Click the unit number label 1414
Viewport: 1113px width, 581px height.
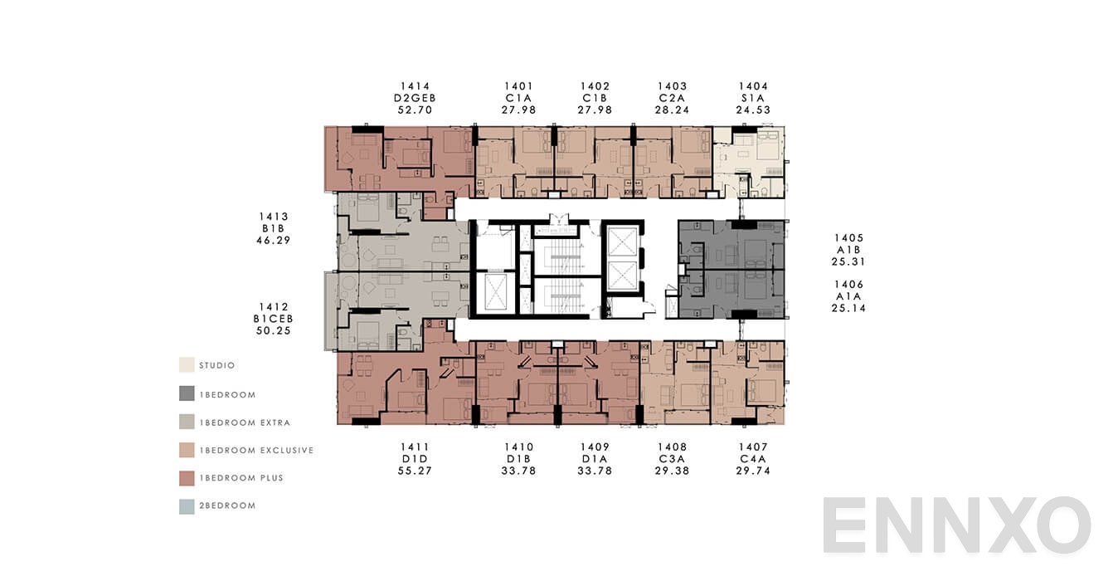click(415, 86)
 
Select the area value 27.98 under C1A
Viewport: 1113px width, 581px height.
click(518, 110)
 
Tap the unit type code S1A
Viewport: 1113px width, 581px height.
click(753, 98)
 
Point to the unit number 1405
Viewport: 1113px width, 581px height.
click(848, 238)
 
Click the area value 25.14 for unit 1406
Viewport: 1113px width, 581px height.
click(848, 308)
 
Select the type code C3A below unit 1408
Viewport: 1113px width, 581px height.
click(672, 459)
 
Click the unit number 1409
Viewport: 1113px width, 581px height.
click(595, 447)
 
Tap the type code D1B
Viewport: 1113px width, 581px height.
click(519, 459)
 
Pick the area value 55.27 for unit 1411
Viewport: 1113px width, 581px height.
click(415, 471)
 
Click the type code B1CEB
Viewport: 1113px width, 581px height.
click(274, 319)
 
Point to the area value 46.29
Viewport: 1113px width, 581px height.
click(274, 241)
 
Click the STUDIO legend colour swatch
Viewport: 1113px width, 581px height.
click(187, 365)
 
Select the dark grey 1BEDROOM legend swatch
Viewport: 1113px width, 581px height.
click(187, 393)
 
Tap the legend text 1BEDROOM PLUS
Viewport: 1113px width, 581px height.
click(241, 478)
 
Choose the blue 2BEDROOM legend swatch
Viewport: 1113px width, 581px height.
click(187, 505)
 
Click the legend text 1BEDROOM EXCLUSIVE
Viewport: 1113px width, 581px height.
click(256, 451)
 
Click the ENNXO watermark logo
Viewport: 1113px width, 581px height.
click(956, 525)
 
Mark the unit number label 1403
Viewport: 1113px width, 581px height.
click(672, 86)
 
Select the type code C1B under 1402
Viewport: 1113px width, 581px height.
click(595, 98)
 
